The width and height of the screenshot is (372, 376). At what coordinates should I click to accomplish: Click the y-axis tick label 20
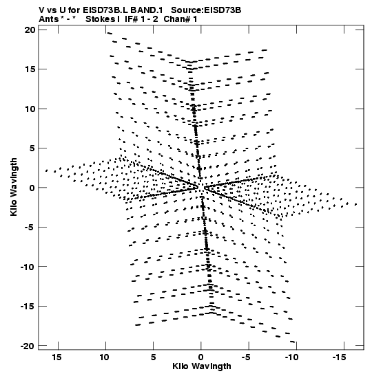(30, 30)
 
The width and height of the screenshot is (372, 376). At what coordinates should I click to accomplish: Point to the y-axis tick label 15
(30, 69)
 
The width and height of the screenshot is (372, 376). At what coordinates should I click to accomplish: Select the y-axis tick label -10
(28, 267)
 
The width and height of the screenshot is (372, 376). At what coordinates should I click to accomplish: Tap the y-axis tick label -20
(28, 346)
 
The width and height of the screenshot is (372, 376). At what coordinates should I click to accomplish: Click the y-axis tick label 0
(32, 188)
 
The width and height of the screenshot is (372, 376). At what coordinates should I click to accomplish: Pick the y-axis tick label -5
(30, 228)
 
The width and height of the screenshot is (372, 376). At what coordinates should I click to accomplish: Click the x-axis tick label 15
(56, 357)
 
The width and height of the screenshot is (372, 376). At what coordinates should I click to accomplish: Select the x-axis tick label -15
(340, 357)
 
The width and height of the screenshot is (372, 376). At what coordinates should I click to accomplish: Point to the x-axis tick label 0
(201, 357)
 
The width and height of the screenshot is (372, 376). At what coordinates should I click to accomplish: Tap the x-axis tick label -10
(291, 357)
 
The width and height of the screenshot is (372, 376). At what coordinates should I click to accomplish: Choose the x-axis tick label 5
(154, 357)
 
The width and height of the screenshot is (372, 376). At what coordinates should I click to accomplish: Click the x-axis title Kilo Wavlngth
(202, 366)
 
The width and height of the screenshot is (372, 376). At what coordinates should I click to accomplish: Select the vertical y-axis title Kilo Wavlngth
(14, 187)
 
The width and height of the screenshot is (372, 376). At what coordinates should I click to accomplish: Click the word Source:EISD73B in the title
(206, 10)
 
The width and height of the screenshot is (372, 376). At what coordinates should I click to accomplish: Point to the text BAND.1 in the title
(147, 10)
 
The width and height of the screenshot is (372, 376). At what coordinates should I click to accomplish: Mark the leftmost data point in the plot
(46, 170)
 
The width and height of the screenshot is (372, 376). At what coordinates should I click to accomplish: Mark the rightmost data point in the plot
(356, 204)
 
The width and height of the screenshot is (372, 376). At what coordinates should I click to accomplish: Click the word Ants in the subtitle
(48, 19)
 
